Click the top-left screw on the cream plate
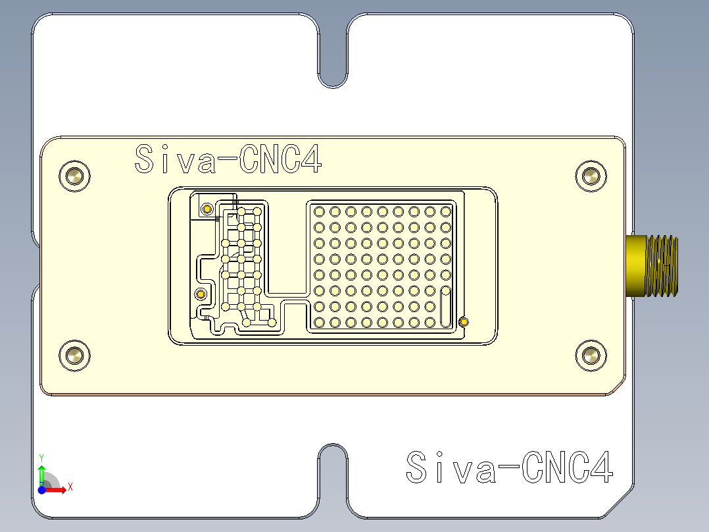pos(74,176)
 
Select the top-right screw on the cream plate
pos(591,176)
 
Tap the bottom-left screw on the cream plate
pos(74,356)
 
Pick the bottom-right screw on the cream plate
pos(591,356)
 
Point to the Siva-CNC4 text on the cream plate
pos(228,159)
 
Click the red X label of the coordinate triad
pos(70,487)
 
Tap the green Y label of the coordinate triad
pos(41,457)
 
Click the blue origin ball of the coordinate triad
pos(41,489)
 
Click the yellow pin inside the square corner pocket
pos(207,209)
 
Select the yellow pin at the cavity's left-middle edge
pos(201,293)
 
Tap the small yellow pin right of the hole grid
pos(464,322)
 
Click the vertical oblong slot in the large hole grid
pos(445,306)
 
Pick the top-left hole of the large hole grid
pos(319,211)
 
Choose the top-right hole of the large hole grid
pos(445,211)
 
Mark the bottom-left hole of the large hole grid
pos(319,322)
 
